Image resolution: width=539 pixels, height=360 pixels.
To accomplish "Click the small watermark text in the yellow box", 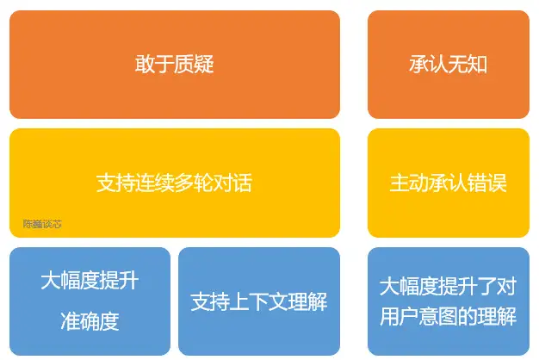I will pos(42,224).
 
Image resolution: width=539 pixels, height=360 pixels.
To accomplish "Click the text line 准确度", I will pos(90,321).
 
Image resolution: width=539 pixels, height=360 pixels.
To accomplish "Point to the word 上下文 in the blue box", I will pos(259,302).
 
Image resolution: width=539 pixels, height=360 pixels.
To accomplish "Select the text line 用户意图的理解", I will pos(448,316).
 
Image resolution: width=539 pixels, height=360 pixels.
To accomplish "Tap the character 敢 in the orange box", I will pos(145,65).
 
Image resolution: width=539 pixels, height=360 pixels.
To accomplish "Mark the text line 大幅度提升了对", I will pos(448,285).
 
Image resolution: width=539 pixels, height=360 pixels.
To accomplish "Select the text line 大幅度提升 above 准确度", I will pos(90,282).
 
